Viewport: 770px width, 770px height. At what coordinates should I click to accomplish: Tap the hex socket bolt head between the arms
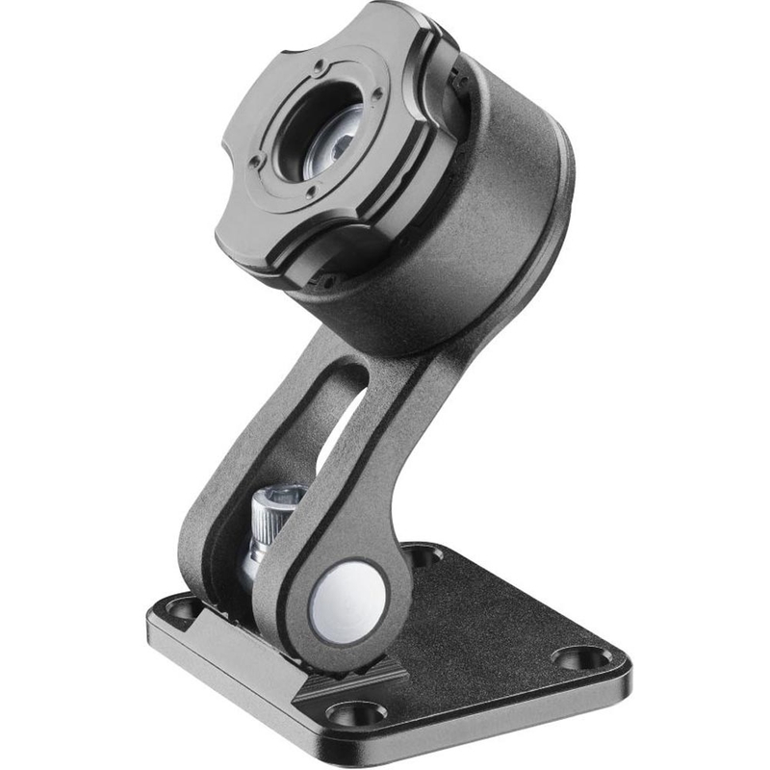(278, 500)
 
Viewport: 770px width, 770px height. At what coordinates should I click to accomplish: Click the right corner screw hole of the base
(582, 658)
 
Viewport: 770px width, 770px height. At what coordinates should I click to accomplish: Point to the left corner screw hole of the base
(180, 607)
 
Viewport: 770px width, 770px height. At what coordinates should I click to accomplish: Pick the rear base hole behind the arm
(421, 554)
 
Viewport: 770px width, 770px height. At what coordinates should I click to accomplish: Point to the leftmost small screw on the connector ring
(255, 161)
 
